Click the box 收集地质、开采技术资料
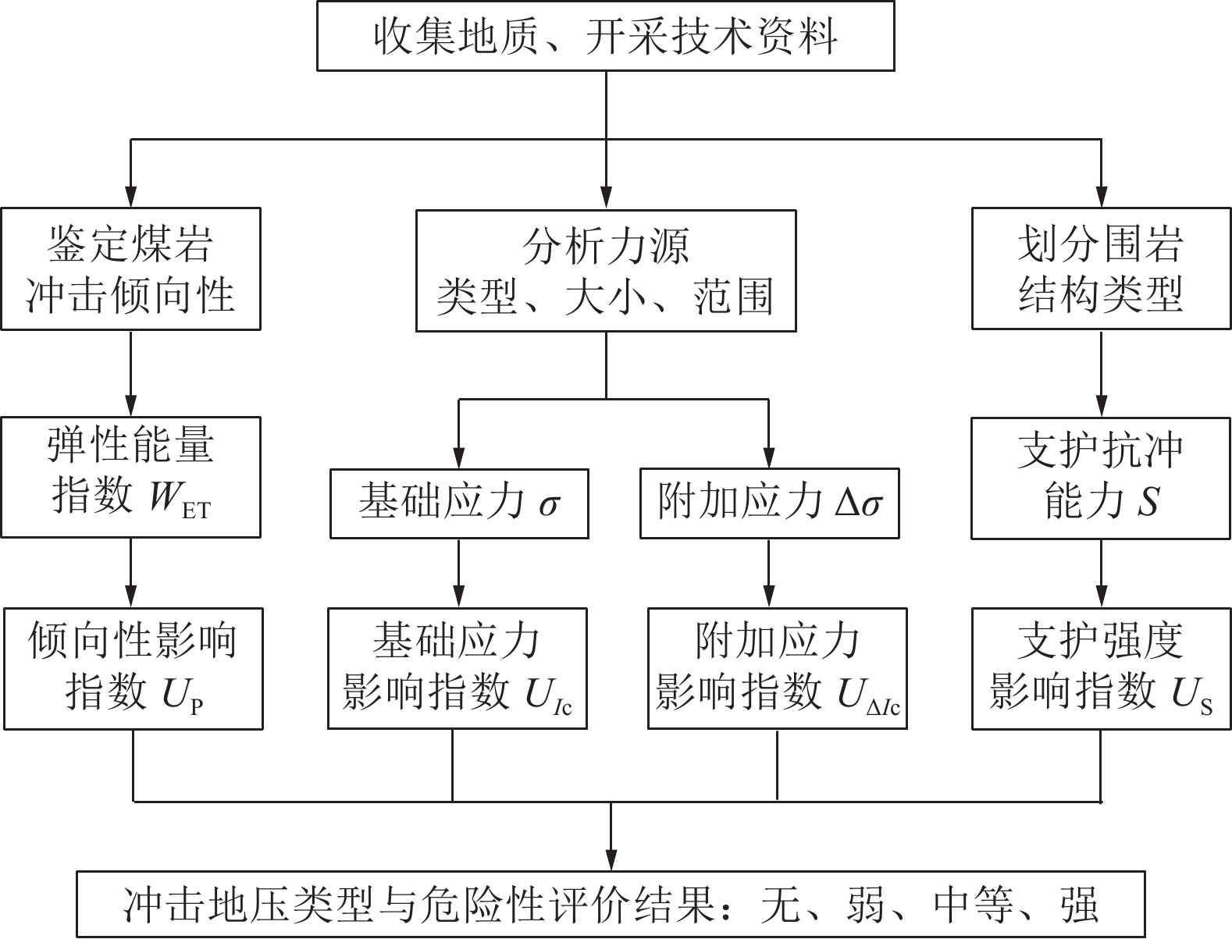coord(606,36)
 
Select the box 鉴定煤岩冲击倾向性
coord(131,269)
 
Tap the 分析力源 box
coord(606,271)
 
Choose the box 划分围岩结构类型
coord(1101,269)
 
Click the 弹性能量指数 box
coord(131,478)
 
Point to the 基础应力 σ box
coord(459,503)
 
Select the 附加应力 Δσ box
coord(770,503)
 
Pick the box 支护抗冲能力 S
coord(1101,478)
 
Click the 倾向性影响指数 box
coord(134,669)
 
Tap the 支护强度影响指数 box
coord(1102,669)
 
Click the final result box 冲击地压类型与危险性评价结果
coord(611,904)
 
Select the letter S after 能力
coord(1148,501)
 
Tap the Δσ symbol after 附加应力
coord(859,503)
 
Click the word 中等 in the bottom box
coord(974,904)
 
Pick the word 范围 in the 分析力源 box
coord(734,296)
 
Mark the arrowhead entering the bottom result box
coord(611,860)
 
